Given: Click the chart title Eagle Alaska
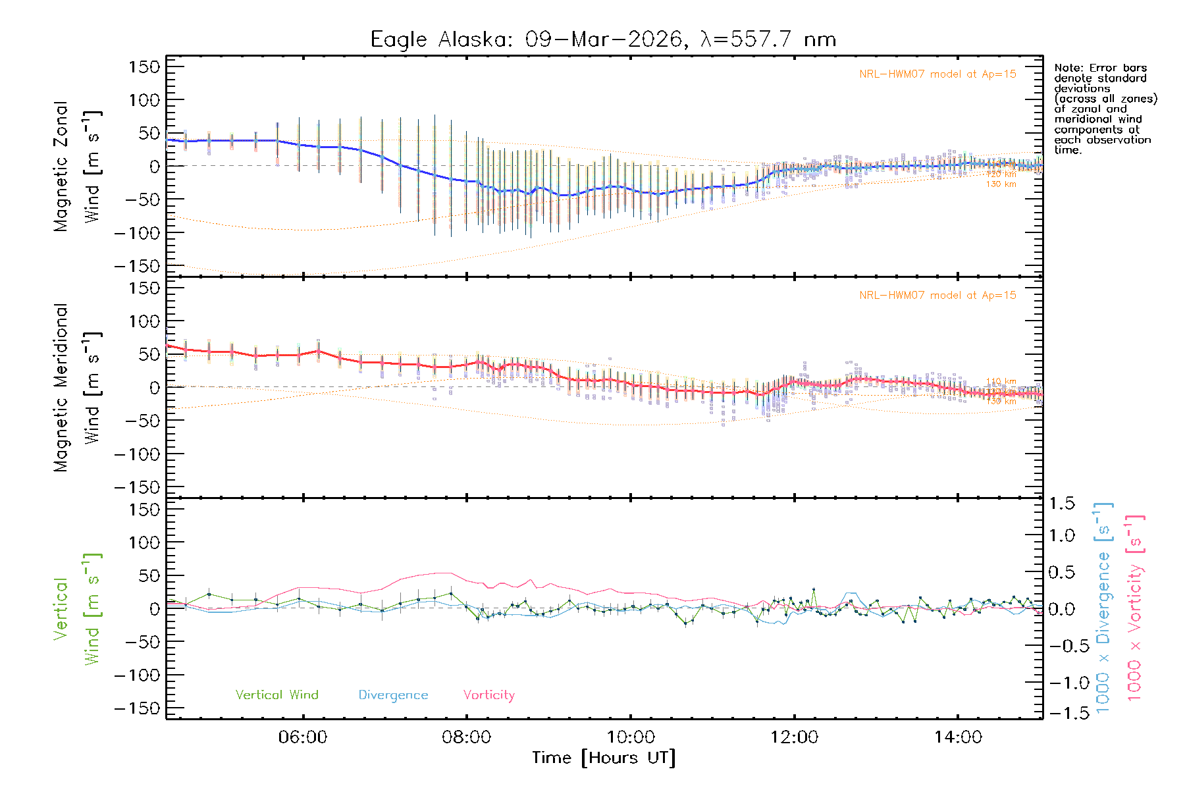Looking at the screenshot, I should pos(603,39).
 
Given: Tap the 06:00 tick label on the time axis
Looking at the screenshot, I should pos(303,737).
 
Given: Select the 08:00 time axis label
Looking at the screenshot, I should pos(466,737).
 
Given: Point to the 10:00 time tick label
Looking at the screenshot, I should pos(630,737).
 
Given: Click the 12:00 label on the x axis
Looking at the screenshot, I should pos(794,737).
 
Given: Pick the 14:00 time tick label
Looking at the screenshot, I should pos(958,737).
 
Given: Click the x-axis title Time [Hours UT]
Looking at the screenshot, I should pos(604,758).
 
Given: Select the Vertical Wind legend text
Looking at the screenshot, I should pos(276,695).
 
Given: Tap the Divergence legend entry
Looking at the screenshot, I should pos(393,695).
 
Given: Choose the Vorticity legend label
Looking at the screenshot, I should pos(488,695).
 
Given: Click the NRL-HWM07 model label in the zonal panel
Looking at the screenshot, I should pos(937,74).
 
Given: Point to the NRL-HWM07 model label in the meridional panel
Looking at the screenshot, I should pos(937,296).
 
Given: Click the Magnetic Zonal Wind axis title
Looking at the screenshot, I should pos(77,167).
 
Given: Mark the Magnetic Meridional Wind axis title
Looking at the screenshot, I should pos(77,388).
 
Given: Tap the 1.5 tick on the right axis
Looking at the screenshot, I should pos(1062,504).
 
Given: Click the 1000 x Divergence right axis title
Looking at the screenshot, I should pos(1103,608).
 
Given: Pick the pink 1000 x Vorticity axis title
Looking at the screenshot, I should pos(1135,608).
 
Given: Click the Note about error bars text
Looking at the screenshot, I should pos(1105,109).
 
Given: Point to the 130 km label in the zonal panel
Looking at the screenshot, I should pos(1001,184).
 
